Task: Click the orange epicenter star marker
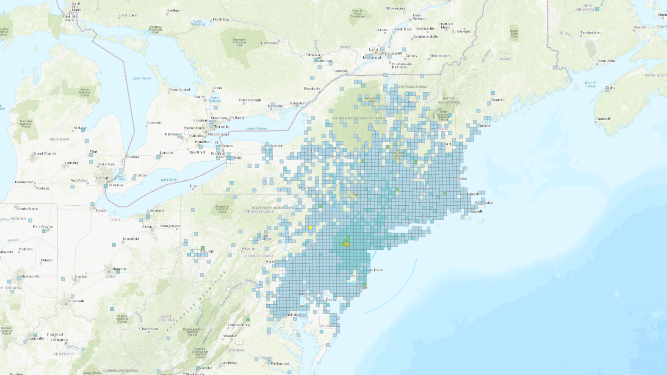[x=347, y=245]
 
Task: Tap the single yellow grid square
[x=310, y=228]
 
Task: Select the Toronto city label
[x=221, y=127]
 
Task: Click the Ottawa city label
[x=313, y=55]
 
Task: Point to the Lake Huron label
[x=142, y=78]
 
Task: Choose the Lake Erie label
[x=169, y=179]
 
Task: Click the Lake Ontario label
[x=256, y=129]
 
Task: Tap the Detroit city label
[x=102, y=178]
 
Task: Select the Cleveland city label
[x=155, y=210]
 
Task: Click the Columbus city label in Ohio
[x=118, y=269]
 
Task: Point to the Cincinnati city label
[x=75, y=301]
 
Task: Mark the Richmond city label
[x=280, y=364]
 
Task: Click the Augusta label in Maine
[x=497, y=100]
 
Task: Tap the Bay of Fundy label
[x=590, y=84]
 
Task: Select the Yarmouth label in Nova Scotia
[x=603, y=119]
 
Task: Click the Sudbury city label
[x=174, y=11]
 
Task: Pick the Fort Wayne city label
[x=43, y=226]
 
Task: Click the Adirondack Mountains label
[x=358, y=118]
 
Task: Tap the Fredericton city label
[x=590, y=33]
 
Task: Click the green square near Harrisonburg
[x=248, y=320]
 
